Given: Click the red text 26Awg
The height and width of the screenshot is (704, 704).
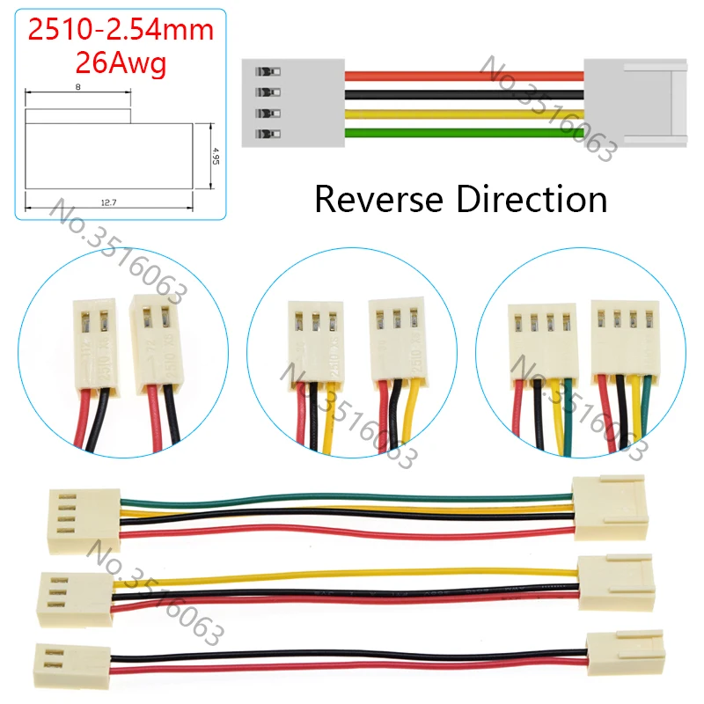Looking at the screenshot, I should pyautogui.click(x=121, y=63).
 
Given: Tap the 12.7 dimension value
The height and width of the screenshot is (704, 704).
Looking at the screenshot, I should pyautogui.click(x=109, y=202).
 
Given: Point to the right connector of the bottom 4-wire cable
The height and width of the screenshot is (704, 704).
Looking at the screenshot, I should pyautogui.click(x=608, y=508).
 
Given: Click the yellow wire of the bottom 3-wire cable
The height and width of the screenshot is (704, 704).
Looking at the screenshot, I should pyautogui.click(x=352, y=573).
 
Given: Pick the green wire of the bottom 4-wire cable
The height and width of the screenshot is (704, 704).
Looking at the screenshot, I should pyautogui.click(x=352, y=499).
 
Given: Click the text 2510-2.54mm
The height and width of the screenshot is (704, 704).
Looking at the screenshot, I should pyautogui.click(x=121, y=30).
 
